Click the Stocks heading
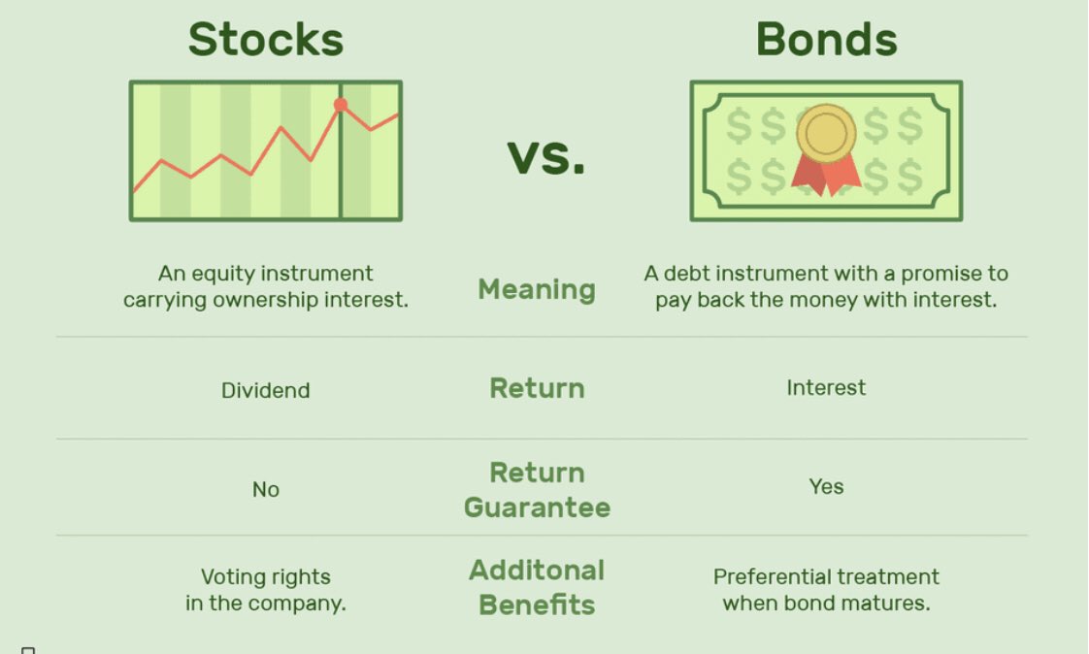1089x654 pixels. (x=265, y=40)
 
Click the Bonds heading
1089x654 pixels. (x=826, y=40)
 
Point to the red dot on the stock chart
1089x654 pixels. (x=341, y=104)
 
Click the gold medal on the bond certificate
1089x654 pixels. (x=826, y=133)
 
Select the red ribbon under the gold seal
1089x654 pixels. (x=825, y=174)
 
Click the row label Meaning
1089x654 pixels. (x=536, y=289)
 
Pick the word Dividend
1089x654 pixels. (x=265, y=391)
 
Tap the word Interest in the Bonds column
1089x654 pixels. (x=826, y=388)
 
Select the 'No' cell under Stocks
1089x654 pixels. (x=265, y=490)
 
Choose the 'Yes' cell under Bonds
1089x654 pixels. (x=826, y=487)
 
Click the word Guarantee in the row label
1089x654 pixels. (x=537, y=507)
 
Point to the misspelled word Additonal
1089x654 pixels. (x=537, y=570)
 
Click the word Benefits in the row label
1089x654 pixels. (x=537, y=605)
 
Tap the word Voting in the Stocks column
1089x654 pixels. (x=232, y=577)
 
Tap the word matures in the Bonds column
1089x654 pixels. (x=890, y=603)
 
